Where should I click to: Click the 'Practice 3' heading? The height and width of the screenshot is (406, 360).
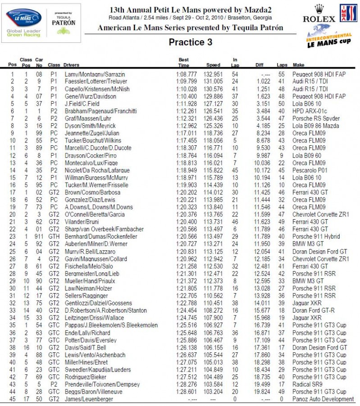pyautogui.click(x=190, y=42)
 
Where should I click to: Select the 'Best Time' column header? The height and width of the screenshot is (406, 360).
pyautogui.click(x=184, y=62)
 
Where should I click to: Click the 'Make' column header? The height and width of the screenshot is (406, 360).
pyautogui.click(x=298, y=65)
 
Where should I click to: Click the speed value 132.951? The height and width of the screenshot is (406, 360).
pyautogui.click(x=213, y=74)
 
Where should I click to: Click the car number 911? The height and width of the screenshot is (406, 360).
pyautogui.click(x=39, y=237)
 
